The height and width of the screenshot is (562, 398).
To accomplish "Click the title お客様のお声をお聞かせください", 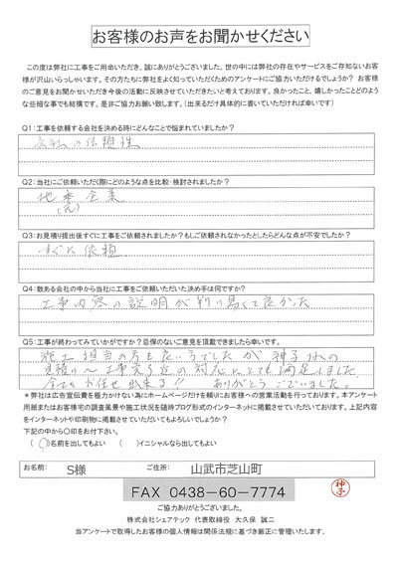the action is (x=198, y=39).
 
